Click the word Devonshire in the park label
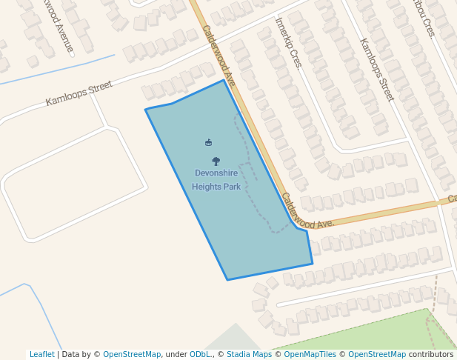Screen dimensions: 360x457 click(x=216, y=173)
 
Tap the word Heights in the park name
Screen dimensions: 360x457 click(x=207, y=187)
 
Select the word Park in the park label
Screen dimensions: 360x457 click(x=232, y=187)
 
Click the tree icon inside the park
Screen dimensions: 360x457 click(x=216, y=161)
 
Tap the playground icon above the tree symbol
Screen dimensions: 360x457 click(x=208, y=142)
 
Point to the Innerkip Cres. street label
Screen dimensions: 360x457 click(x=289, y=43)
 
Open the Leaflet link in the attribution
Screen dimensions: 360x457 click(x=41, y=355)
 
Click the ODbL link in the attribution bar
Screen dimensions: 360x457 click(x=200, y=355)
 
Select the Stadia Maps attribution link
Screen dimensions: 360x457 click(x=249, y=355)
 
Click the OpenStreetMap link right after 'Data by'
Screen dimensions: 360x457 click(x=132, y=355)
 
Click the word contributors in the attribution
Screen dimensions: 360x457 click(x=430, y=355)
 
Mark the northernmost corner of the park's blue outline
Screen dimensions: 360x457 click(x=224, y=80)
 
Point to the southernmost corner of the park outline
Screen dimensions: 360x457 click(x=227, y=280)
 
